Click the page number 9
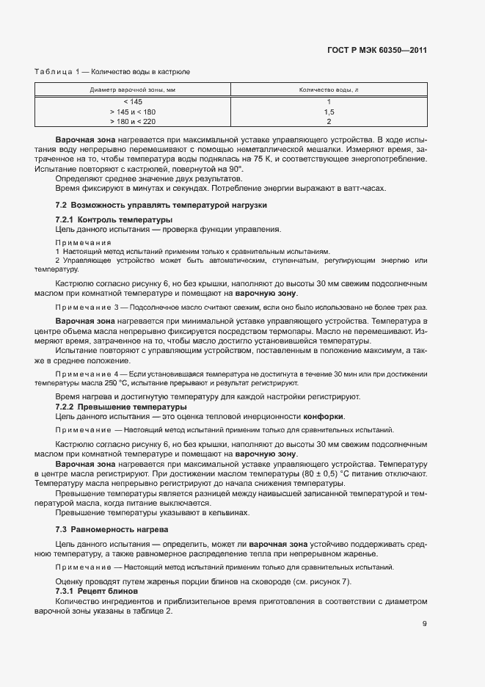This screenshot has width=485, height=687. coord(425,625)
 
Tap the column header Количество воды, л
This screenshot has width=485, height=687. coord(329,90)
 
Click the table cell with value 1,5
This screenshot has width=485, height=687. coord(329,112)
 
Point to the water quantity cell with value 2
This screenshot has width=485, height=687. coord(329,122)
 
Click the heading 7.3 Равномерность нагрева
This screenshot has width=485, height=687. coord(112,529)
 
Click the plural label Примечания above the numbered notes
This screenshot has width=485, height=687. coord(83,241)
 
